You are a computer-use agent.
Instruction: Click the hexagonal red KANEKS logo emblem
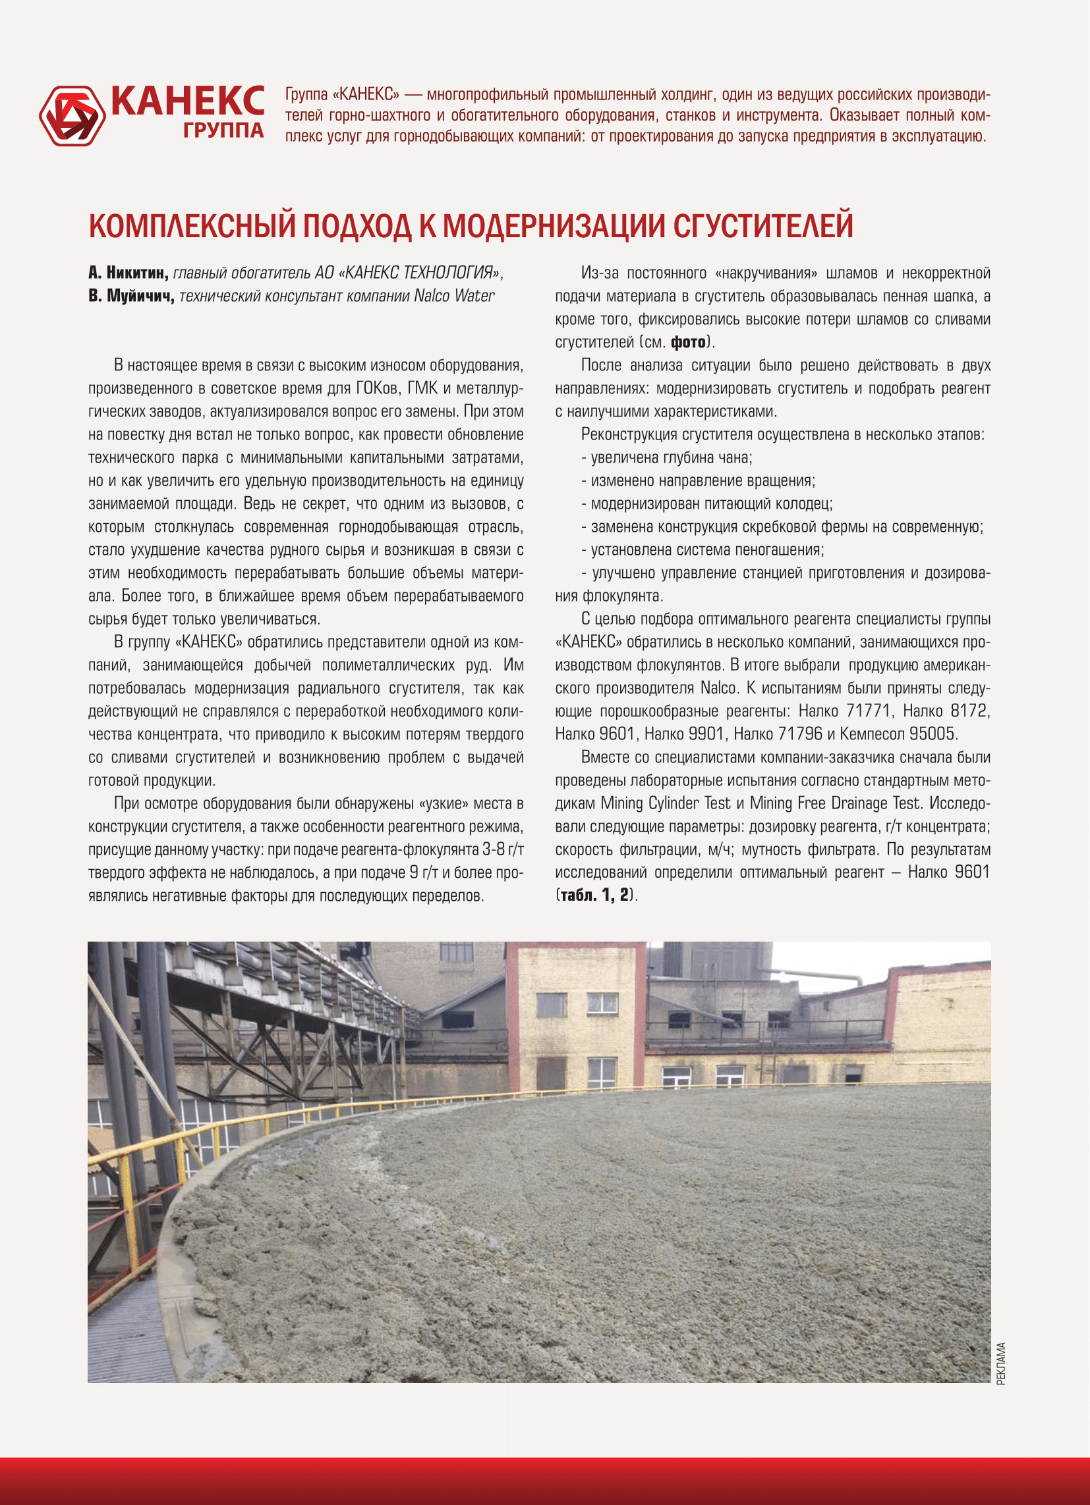(x=72, y=115)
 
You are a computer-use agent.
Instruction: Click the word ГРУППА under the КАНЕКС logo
(x=223, y=130)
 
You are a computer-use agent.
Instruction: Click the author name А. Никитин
(x=128, y=273)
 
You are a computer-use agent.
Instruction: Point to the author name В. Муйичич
(x=131, y=296)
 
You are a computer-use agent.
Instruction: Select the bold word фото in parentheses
(x=688, y=343)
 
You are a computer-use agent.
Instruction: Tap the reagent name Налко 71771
(x=844, y=712)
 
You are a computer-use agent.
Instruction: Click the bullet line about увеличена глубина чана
(x=666, y=458)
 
